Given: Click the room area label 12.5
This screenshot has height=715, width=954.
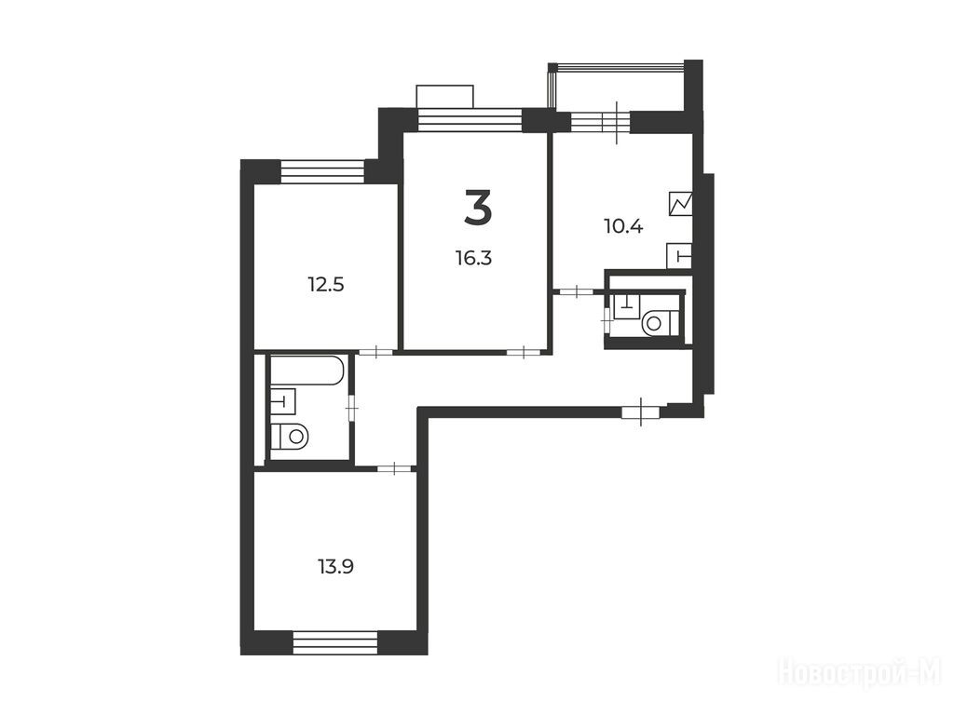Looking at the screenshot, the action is tap(326, 284).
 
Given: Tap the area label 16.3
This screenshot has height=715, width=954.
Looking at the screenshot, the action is tap(473, 259).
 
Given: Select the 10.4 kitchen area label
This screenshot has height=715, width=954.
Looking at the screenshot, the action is tap(623, 227).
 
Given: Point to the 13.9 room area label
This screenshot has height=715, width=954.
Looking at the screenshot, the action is tap(335, 567).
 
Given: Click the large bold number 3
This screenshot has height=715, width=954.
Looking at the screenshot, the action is tap(478, 208).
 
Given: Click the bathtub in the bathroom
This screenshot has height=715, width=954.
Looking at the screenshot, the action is tap(307, 371).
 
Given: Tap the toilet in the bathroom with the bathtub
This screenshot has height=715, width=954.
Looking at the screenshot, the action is tap(291, 436).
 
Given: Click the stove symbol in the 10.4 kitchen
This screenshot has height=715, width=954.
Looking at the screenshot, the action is tap(680, 203).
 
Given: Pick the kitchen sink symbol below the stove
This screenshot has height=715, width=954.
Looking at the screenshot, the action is tap(679, 255).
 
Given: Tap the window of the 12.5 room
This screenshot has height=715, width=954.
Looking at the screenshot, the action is tap(322, 171).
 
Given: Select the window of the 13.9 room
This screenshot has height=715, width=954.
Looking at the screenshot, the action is tap(335, 642).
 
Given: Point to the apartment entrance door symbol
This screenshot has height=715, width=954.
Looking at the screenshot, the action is tap(640, 412).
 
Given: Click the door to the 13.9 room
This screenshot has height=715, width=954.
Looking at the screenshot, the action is tap(395, 468).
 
